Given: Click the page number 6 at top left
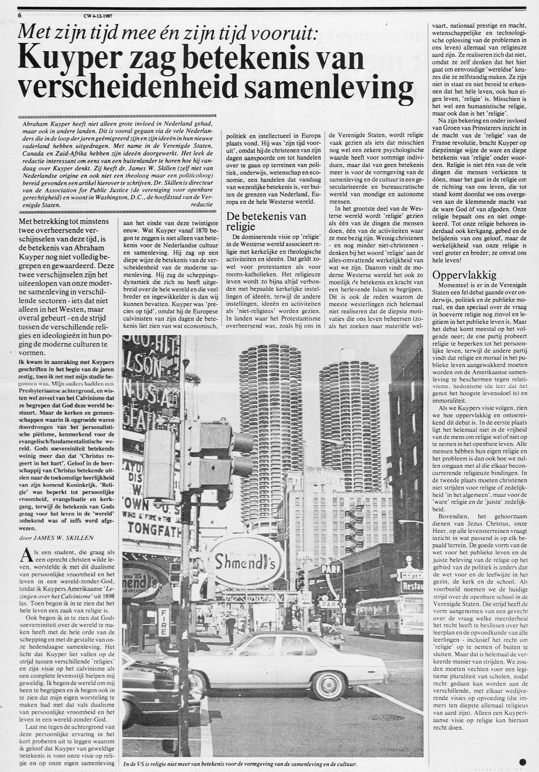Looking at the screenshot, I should pyautogui.click(x=20, y=15).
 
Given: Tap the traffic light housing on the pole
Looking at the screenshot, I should pyautogui.click(x=215, y=447).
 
